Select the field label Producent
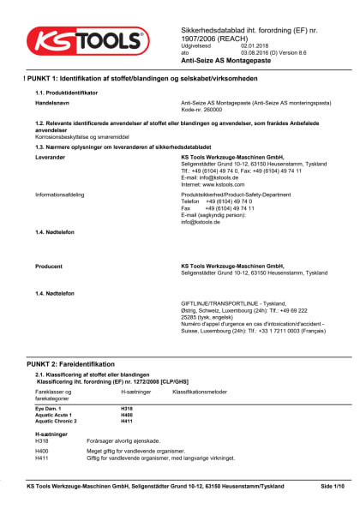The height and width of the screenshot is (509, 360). [x=49, y=266]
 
